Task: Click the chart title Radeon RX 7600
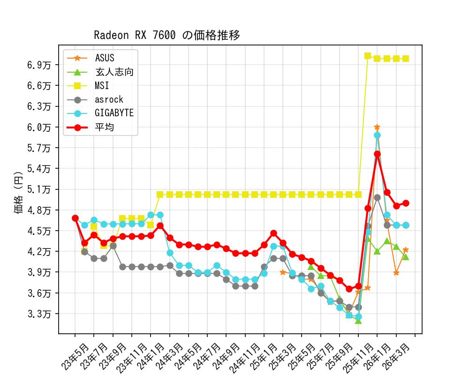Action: point(166,36)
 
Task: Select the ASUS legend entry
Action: point(104,58)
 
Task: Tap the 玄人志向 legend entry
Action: point(114,72)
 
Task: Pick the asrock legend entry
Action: point(109,99)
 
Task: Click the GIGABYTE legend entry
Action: point(114,113)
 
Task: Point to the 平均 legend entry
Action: point(104,127)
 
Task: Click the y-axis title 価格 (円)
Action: point(19,196)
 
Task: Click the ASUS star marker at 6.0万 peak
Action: point(377,127)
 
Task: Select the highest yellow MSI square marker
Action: point(368,56)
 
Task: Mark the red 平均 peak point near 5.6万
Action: point(377,154)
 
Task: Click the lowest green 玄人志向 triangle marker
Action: point(358,321)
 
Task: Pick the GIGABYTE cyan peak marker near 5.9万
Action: point(377,135)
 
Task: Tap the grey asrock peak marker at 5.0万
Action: point(377,197)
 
